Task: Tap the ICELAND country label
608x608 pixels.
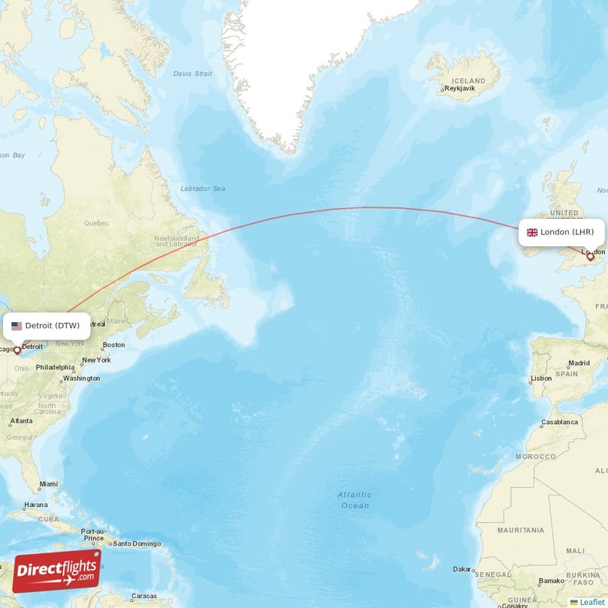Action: pos(468,81)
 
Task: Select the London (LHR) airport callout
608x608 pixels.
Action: pos(562,232)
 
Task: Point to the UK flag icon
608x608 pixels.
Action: pos(532,233)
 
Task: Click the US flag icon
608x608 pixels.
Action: pos(17,326)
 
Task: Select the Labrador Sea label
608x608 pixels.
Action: pos(203,188)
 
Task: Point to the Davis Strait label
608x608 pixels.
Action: pos(192,74)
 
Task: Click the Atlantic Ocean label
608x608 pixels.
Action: pos(354,500)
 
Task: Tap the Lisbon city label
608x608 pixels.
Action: pos(541,378)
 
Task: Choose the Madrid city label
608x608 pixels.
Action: pos(578,363)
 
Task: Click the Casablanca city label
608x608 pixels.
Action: pos(559,422)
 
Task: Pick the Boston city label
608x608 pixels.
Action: pos(113,345)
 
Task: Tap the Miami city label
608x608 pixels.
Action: pos(48,484)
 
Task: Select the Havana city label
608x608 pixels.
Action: pos(35,505)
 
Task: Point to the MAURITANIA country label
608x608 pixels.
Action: pos(521,530)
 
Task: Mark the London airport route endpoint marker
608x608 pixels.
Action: pos(591,257)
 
